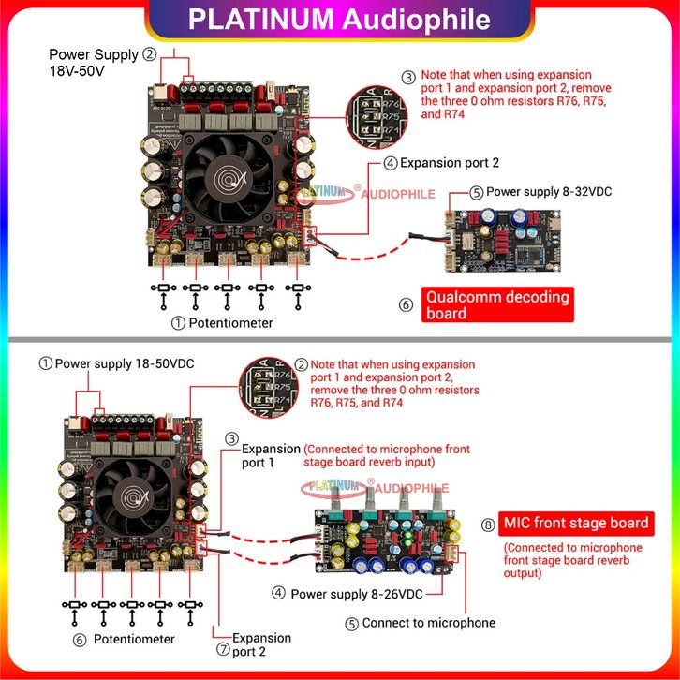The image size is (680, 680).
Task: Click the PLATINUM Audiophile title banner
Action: pos(339,20)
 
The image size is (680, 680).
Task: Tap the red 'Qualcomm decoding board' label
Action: pos(497,305)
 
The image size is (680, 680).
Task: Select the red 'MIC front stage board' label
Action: pos(577,523)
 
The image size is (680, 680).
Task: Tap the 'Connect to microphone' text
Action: pos(429,622)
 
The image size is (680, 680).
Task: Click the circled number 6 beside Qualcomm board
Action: pos(406,304)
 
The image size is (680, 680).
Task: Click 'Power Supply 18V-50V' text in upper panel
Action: pos(94,63)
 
